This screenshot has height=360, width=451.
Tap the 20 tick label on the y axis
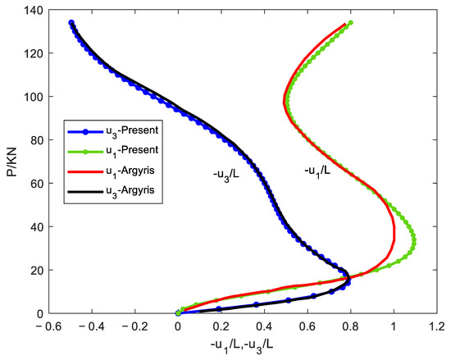(34, 270)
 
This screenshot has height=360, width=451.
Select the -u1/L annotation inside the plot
(318, 173)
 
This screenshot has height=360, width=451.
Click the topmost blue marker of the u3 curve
(71, 23)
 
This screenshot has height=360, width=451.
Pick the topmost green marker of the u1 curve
(350, 23)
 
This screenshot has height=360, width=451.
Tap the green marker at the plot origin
(178, 312)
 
